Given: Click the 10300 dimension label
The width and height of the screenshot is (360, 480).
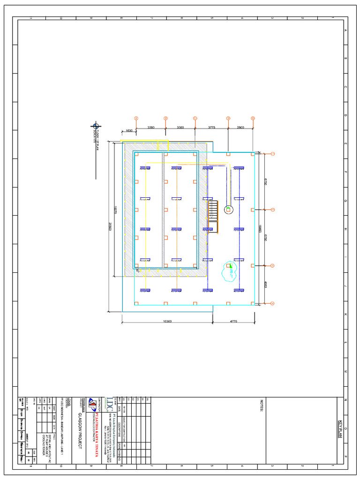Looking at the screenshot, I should point(167,321).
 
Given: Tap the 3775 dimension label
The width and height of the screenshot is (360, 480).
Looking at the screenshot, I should point(211,127).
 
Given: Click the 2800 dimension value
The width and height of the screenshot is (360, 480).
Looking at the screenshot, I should point(240,127).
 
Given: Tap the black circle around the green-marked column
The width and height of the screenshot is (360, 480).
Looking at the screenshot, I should point(229,209).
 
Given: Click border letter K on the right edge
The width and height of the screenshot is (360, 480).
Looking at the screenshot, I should point(346,315).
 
